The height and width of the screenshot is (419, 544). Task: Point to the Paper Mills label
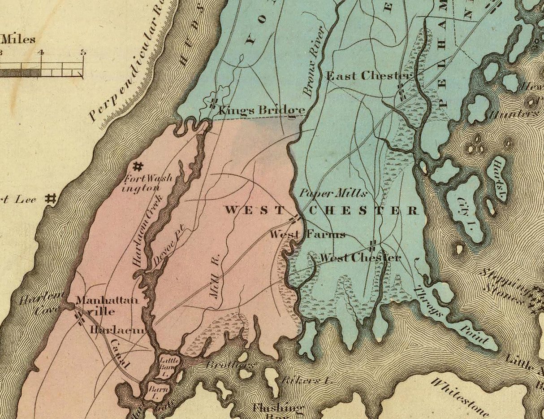pyautogui.click(x=333, y=193)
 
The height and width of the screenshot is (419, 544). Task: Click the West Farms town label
pyautogui.click(x=308, y=234)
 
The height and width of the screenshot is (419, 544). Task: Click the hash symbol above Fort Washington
pyautogui.click(x=138, y=166)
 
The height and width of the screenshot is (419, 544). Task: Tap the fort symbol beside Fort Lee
pyautogui.click(x=51, y=198)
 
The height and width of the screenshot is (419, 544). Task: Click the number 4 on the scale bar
pyautogui.click(x=41, y=52)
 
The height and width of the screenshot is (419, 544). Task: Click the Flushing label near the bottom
pyautogui.click(x=278, y=408)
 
